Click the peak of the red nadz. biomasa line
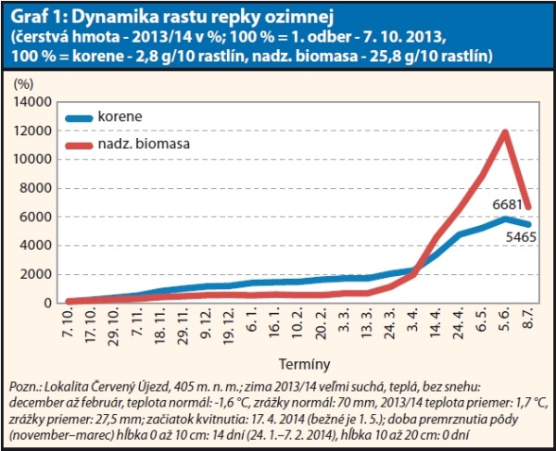point(505,132)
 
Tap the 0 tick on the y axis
point(50,303)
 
